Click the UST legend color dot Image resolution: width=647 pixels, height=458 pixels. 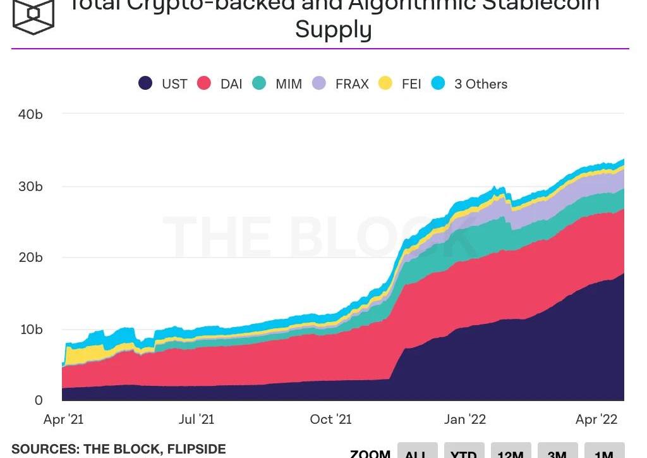point(145,84)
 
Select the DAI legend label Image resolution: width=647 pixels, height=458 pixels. point(231,84)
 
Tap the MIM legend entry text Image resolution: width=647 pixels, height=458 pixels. point(289,84)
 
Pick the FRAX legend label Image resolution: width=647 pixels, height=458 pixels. point(352,84)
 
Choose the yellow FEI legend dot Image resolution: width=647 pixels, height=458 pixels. point(385,84)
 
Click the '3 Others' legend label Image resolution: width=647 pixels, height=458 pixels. point(481,84)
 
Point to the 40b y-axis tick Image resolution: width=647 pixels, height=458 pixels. point(30,114)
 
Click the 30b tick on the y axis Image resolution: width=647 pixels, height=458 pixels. point(30,187)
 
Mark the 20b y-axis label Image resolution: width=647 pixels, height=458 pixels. point(30,257)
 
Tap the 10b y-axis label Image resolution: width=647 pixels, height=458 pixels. point(30,330)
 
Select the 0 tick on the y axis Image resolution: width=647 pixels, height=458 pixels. point(39,400)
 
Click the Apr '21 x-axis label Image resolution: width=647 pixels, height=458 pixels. point(63,419)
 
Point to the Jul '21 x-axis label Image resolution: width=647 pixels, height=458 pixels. point(197,419)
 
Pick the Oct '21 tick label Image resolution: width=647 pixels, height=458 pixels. point(331,419)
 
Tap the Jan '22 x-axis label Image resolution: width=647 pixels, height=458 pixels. point(465,419)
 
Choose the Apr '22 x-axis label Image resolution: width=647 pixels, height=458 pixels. point(596,419)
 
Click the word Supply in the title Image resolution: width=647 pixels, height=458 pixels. point(333,30)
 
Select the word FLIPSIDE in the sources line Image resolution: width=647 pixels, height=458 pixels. point(196,449)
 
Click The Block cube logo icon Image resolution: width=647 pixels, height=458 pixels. point(33,15)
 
